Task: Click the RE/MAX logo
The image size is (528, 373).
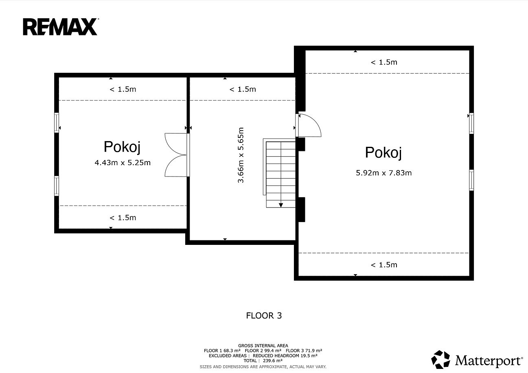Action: click(x=60, y=27)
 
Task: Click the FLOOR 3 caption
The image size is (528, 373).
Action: click(x=264, y=316)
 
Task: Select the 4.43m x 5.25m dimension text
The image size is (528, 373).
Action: click(x=123, y=163)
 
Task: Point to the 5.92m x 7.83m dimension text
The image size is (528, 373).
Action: click(x=384, y=173)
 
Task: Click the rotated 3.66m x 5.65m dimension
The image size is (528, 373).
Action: click(x=241, y=155)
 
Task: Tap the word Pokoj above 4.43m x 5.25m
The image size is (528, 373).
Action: click(x=122, y=147)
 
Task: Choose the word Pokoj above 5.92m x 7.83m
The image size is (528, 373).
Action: click(x=383, y=153)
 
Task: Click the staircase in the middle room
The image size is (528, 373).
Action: click(x=279, y=173)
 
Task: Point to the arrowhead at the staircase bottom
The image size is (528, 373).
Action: click(x=281, y=205)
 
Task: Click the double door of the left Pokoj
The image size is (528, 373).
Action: click(x=177, y=155)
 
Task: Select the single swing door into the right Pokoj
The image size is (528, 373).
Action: click(x=308, y=125)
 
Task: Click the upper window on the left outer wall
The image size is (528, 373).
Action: click(x=57, y=123)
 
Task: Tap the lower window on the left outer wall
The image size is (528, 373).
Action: click(x=57, y=186)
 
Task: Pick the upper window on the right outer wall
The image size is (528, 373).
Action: click(x=471, y=123)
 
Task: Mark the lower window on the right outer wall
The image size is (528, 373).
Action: click(x=471, y=180)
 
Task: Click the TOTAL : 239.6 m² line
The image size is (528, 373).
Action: click(x=263, y=360)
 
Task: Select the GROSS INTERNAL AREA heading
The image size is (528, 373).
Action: click(x=263, y=346)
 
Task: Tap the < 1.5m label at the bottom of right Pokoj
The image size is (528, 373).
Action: click(x=384, y=265)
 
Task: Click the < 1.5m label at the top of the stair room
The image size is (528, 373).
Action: click(x=243, y=89)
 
